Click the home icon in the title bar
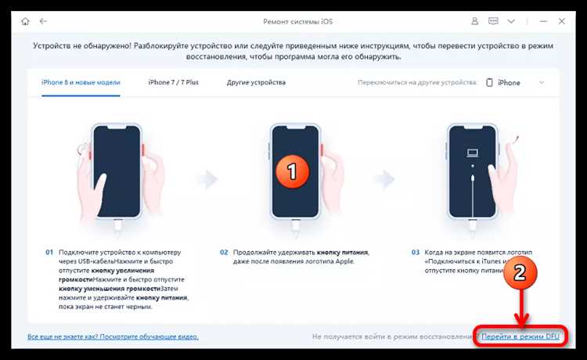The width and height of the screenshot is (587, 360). pyautogui.click(x=23, y=21)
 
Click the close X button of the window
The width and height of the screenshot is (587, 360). pyautogui.click(x=565, y=21)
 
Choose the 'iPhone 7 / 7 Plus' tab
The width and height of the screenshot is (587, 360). pyautogui.click(x=174, y=82)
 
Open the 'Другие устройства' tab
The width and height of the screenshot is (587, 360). pyautogui.click(x=256, y=82)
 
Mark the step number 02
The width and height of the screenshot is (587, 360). pyautogui.click(x=224, y=253)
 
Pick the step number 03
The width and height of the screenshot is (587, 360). pyautogui.click(x=416, y=253)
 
